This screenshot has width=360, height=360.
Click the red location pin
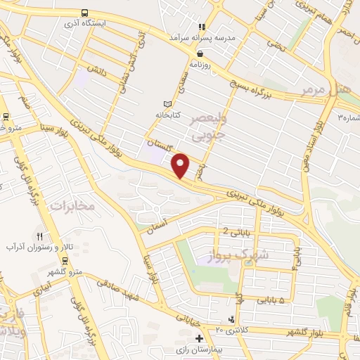coord(181,165)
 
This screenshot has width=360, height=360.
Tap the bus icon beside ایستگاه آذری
coord(84,13)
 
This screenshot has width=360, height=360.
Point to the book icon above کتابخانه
coord(167,103)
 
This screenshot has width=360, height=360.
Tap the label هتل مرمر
coord(324,89)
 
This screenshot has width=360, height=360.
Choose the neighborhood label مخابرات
coord(72,205)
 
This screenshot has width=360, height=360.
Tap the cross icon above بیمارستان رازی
coord(231,319)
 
